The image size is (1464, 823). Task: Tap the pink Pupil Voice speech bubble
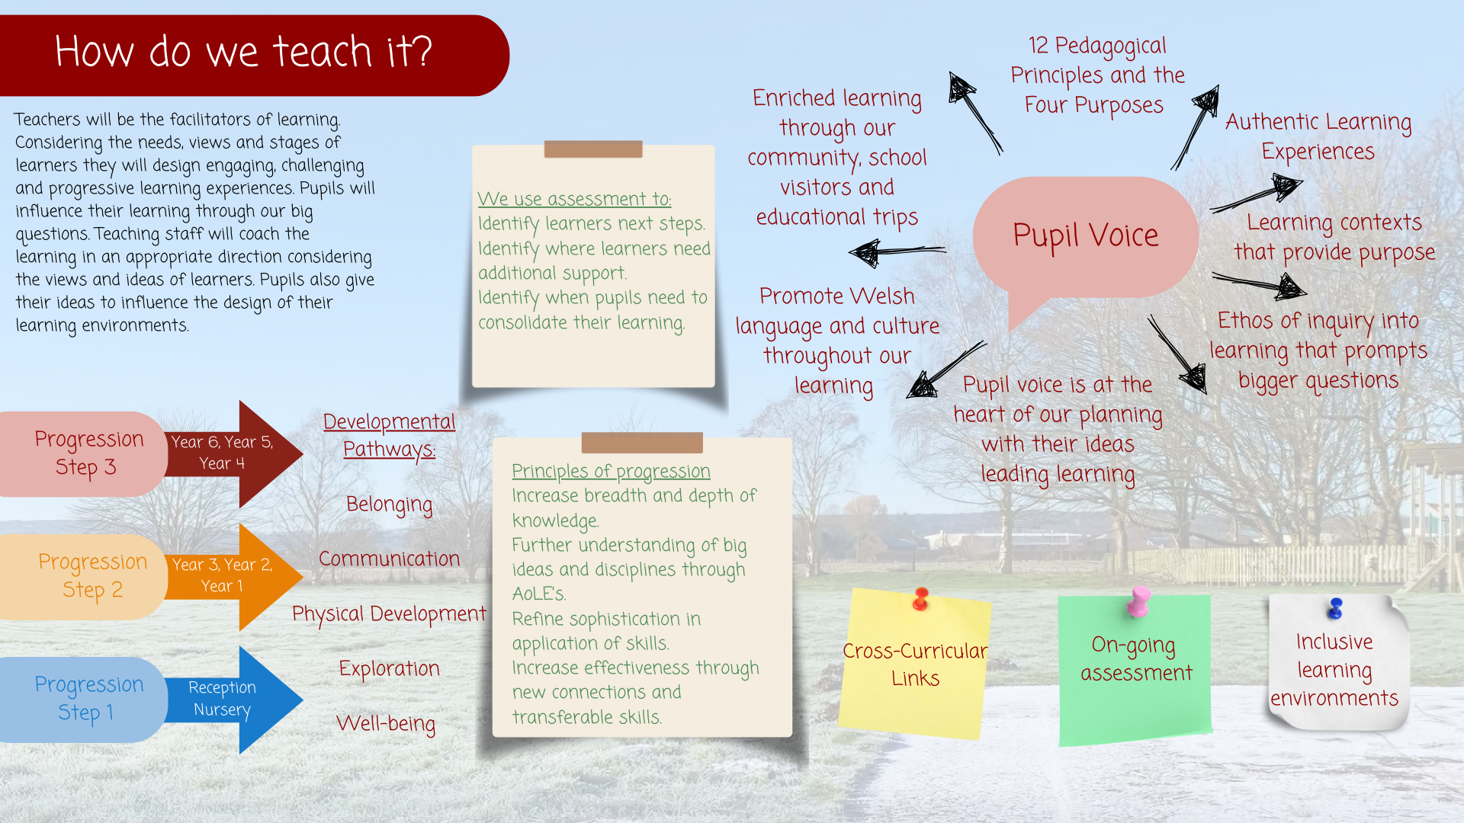tap(1085, 238)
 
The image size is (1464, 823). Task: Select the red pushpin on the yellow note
tap(921, 599)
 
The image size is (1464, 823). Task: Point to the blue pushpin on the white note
tap(1335, 608)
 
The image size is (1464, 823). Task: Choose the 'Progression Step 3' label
tap(88, 453)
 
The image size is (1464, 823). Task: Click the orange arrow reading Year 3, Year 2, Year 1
tap(233, 577)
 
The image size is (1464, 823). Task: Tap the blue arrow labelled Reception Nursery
tap(233, 700)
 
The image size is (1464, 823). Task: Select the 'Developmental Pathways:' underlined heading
tap(389, 435)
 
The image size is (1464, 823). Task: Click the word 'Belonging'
tap(389, 504)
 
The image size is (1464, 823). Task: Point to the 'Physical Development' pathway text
tap(389, 614)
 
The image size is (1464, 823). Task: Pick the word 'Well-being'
tap(386, 723)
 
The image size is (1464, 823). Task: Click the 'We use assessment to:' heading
tap(574, 199)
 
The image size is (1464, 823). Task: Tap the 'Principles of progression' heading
tap(611, 472)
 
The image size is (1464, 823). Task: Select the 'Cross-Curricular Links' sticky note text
tap(915, 664)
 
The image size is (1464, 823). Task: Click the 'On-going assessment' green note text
tap(1136, 659)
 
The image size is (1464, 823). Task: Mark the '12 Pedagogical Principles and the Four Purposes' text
tap(1097, 76)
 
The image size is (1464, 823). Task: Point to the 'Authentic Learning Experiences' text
tap(1318, 137)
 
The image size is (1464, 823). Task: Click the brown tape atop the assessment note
tap(593, 149)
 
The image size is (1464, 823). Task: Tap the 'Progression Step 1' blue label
tap(88, 699)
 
